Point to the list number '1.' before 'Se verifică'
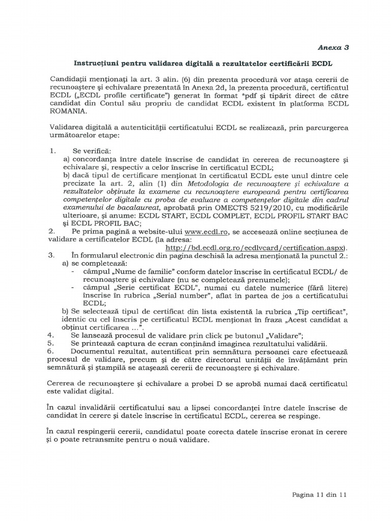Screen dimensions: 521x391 [x=52, y=151]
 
